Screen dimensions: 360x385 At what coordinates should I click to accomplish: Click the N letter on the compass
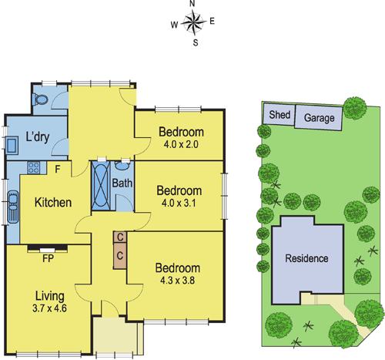pyautogui.click(x=192, y=5)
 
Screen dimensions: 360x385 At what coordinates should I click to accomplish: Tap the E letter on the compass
pyautogui.click(x=213, y=22)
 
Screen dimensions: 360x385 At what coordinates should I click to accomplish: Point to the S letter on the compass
pyautogui.click(x=196, y=42)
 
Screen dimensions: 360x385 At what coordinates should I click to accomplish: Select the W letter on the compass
pyautogui.click(x=174, y=25)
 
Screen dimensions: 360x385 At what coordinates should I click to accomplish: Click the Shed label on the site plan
pyautogui.click(x=279, y=115)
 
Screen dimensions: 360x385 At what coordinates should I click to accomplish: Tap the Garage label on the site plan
pyautogui.click(x=319, y=119)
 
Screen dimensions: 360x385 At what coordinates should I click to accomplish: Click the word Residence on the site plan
pyautogui.click(x=306, y=258)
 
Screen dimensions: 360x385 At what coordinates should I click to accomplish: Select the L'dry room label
pyautogui.click(x=38, y=137)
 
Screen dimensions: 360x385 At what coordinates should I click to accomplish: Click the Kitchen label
pyautogui.click(x=53, y=203)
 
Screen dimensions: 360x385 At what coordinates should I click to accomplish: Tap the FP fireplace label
pyautogui.click(x=47, y=258)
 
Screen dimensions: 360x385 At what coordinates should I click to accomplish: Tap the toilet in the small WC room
pyautogui.click(x=41, y=99)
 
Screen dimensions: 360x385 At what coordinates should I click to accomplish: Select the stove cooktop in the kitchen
pyautogui.click(x=32, y=167)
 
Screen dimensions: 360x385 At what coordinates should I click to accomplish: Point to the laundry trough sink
pyautogui.click(x=13, y=145)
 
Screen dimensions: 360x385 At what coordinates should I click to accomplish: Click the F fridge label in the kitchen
pyautogui.click(x=57, y=167)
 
